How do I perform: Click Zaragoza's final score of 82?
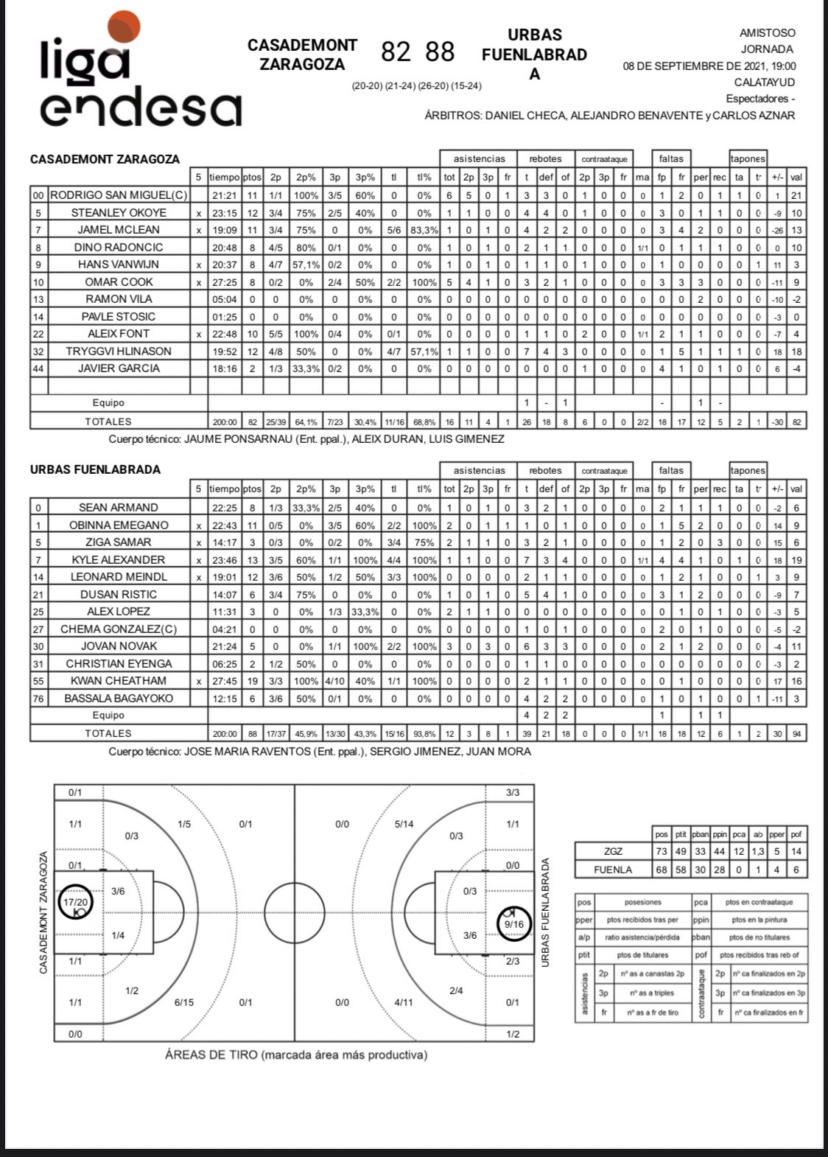pos(396,52)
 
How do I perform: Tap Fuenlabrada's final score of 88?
pos(440,52)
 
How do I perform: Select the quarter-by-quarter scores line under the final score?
pos(416,86)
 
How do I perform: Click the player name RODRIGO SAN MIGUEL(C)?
pos(119,195)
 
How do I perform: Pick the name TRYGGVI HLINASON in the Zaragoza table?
pos(119,351)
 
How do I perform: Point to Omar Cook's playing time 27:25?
pos(224,282)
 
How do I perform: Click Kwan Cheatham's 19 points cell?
pos(252,681)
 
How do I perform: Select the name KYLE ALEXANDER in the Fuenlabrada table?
pos(119,559)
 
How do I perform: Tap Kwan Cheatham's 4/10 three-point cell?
pos(334,681)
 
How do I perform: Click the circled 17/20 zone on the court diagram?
pos(76,902)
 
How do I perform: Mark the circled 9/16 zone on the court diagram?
pos(513,924)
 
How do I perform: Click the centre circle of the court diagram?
pos(295,912)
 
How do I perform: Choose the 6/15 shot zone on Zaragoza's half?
pos(184,1002)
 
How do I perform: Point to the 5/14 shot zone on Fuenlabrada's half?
pos(404,824)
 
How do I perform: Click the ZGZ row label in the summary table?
pos(613,851)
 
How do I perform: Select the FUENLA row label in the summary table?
pos(613,870)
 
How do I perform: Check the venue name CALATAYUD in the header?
pos(765,82)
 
